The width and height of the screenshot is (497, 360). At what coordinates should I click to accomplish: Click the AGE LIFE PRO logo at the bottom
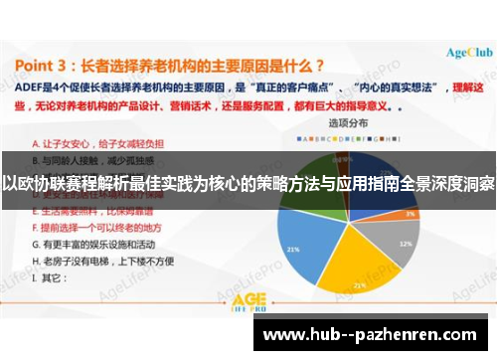[248, 304]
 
